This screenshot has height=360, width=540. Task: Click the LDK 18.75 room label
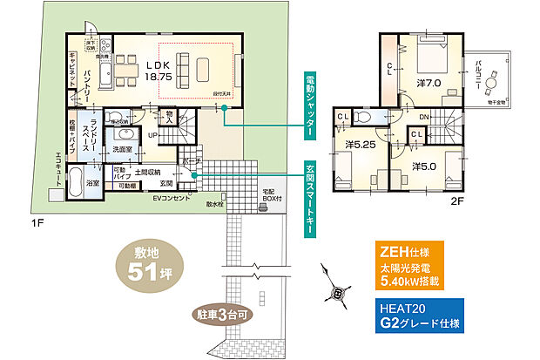pyautogui.click(x=158, y=71)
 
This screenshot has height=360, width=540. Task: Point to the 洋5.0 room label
pyautogui.click(x=423, y=165)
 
